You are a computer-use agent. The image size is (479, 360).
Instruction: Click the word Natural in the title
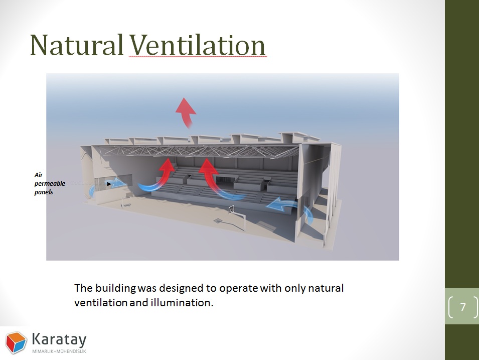[76, 45]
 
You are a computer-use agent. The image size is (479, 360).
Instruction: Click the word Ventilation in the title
[197, 45]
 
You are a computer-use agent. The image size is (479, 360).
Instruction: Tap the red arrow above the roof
[186, 112]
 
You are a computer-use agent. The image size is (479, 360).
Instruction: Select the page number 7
[463, 306]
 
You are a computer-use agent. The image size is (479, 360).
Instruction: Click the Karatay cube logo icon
[16, 342]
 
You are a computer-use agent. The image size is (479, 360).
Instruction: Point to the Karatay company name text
[59, 339]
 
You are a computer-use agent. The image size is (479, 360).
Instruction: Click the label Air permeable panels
[50, 184]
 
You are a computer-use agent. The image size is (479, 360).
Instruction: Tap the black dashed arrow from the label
[91, 184]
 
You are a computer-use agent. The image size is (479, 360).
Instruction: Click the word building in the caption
[115, 288]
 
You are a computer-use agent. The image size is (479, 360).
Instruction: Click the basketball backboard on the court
[232, 209]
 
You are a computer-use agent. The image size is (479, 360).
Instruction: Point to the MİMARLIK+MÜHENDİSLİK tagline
[59, 351]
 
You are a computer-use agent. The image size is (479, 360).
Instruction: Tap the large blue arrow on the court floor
[281, 205]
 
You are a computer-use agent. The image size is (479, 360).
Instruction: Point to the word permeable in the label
[50, 184]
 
